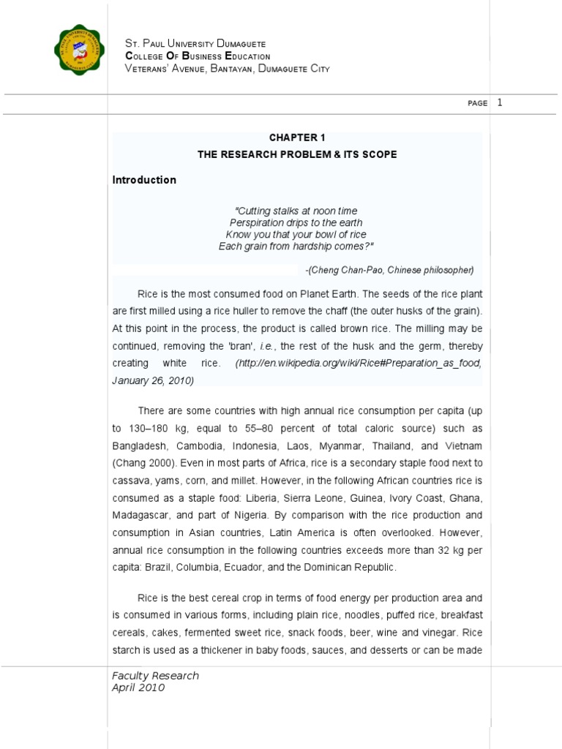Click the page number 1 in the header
point(500,102)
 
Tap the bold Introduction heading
point(144,180)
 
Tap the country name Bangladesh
point(141,445)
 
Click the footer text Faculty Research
point(155,676)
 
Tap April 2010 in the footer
point(138,688)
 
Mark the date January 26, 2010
point(153,381)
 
